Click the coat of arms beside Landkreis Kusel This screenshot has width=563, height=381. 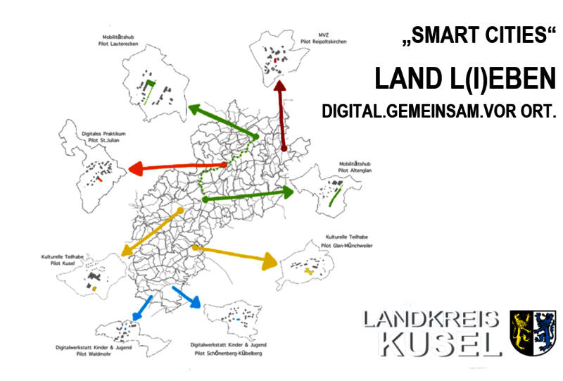[533, 331]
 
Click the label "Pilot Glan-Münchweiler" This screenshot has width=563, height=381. [346, 246]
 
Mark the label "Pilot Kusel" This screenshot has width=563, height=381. [65, 265]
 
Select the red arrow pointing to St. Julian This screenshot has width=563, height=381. [176, 167]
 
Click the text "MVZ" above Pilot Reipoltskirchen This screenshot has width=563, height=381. [324, 32]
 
